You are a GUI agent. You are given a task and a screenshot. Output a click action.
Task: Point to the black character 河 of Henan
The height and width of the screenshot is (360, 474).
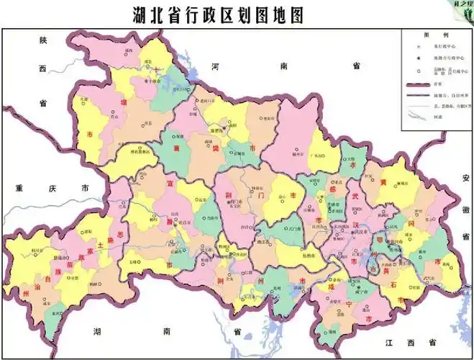click(215, 66)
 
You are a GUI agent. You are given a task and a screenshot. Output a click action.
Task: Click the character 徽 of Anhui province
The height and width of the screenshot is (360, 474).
click(465, 208)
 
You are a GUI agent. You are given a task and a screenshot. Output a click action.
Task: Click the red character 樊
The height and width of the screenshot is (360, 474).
click(215, 148)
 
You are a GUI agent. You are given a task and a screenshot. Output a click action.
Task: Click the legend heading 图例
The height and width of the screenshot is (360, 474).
click(436, 35)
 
